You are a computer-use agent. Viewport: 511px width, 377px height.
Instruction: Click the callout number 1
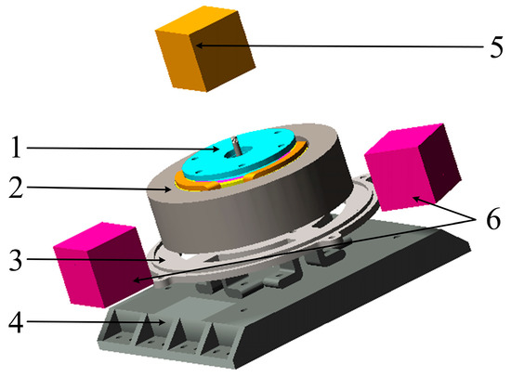point(16,148)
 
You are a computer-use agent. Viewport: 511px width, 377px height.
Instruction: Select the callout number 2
point(16,187)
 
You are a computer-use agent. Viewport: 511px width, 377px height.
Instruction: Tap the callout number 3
point(16,260)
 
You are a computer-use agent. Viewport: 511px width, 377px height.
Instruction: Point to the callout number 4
point(16,322)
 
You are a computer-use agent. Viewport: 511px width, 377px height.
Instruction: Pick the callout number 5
point(496,47)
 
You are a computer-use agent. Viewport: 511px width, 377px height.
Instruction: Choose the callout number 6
point(493,219)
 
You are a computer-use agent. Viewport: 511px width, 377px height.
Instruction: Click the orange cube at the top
point(205,49)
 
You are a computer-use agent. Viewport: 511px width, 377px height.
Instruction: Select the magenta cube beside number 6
point(413,167)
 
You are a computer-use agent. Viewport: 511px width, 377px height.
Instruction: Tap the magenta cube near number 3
point(102,265)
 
